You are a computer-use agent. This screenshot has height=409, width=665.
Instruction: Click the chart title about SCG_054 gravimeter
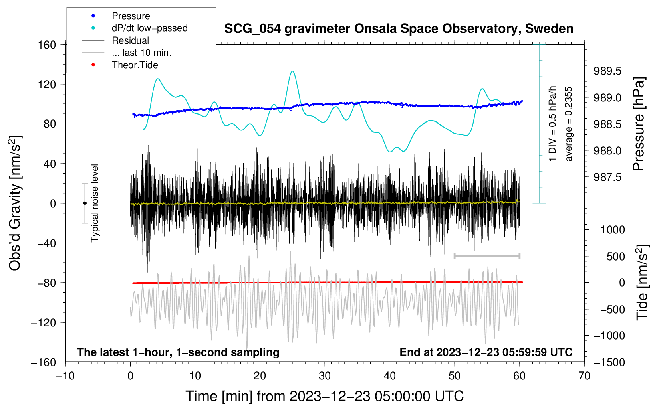point(399,29)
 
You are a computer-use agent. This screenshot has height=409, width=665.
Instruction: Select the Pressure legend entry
point(131,16)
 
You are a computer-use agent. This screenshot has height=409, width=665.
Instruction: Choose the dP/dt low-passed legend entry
point(149,28)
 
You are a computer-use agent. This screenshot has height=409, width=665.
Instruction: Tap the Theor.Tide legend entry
point(135,65)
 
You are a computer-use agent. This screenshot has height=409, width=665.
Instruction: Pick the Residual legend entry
point(130,40)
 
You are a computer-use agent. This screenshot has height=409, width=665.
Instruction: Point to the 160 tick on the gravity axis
point(47,45)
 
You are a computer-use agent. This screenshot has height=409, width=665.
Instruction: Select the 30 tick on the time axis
point(325,376)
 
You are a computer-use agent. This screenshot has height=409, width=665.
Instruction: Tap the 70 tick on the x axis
point(584,376)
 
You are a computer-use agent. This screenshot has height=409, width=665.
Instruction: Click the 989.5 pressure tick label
point(608,71)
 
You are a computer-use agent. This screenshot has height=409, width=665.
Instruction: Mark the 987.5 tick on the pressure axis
point(608,177)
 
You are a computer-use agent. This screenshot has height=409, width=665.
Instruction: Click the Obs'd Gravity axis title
point(15,203)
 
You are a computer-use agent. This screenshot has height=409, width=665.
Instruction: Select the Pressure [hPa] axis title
point(639,124)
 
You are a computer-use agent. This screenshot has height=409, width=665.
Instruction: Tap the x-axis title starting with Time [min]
point(325,396)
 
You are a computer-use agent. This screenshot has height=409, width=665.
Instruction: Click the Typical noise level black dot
point(85,203)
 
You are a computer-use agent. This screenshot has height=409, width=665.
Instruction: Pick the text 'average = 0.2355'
point(568,124)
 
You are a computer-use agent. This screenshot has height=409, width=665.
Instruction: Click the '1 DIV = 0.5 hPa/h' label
point(553,124)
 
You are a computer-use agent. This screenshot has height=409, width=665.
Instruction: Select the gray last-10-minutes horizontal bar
point(487,256)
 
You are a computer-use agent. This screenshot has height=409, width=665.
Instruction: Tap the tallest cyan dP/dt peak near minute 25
point(293,71)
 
